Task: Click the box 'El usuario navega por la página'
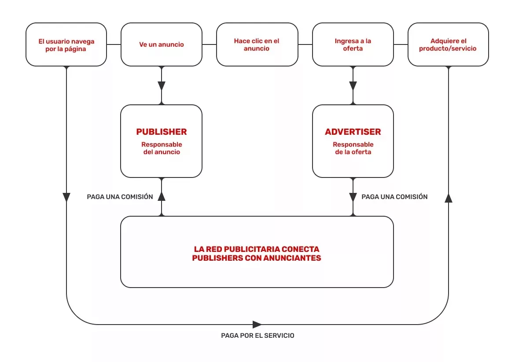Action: (66, 44)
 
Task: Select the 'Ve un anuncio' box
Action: (162, 44)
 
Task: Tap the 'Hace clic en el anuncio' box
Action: (257, 44)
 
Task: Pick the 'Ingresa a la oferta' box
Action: (353, 44)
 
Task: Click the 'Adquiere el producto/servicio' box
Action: (448, 44)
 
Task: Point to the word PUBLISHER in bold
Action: (162, 132)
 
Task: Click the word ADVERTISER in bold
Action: (353, 132)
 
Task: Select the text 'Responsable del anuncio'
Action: (162, 148)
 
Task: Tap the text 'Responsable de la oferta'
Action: (353, 148)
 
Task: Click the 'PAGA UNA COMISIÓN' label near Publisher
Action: (120, 197)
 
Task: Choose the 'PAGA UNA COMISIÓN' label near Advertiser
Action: (394, 197)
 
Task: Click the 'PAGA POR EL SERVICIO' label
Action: (257, 336)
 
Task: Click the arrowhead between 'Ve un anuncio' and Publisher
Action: (162, 85)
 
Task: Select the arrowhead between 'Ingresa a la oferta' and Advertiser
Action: (353, 85)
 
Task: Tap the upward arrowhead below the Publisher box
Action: (162, 196)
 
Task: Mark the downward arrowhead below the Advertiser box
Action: (353, 197)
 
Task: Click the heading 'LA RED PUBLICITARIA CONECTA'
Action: (257, 249)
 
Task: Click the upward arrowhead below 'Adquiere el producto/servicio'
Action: (448, 198)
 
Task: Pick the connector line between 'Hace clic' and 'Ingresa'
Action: (305, 44)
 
